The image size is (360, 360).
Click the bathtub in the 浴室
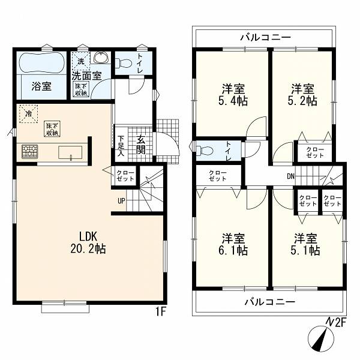41,62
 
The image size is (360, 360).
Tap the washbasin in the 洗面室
101,57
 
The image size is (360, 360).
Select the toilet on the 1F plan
123,62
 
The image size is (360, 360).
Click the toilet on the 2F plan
205,151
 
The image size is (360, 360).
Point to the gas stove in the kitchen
30,151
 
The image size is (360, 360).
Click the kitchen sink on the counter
70,152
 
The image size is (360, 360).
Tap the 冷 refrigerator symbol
28,114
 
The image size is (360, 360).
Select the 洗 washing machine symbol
80,61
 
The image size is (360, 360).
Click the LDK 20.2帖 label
88,242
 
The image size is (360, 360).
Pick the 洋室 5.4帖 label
233,95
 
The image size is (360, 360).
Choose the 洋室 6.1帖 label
233,245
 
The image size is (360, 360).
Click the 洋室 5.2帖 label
302,95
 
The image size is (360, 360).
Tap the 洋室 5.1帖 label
305,245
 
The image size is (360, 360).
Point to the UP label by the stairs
121,201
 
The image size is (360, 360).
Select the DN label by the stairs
290,176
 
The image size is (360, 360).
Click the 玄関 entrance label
140,145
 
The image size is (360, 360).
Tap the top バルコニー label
266,37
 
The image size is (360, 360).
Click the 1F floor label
160,311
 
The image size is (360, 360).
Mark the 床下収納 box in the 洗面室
81,89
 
